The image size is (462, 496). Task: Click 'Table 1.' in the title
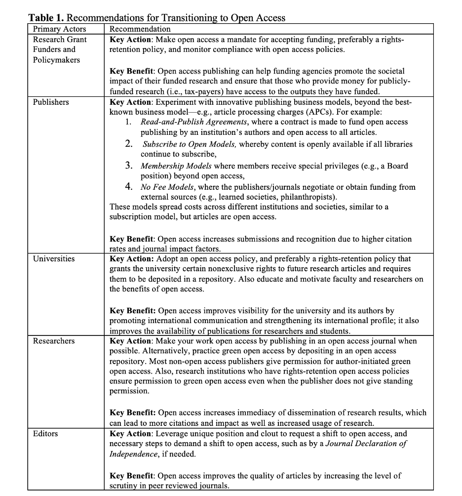[x=45, y=18]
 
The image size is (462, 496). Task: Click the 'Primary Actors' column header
[x=59, y=29]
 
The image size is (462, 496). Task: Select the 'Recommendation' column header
[x=140, y=29]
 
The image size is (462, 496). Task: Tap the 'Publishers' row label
[x=51, y=102]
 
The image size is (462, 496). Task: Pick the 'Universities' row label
[x=54, y=258]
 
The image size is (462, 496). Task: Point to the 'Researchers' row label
[x=54, y=341]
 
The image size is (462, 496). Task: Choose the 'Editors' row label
[x=45, y=434]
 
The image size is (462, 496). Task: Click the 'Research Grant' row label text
[x=60, y=40]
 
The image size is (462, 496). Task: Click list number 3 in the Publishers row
[x=128, y=166]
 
